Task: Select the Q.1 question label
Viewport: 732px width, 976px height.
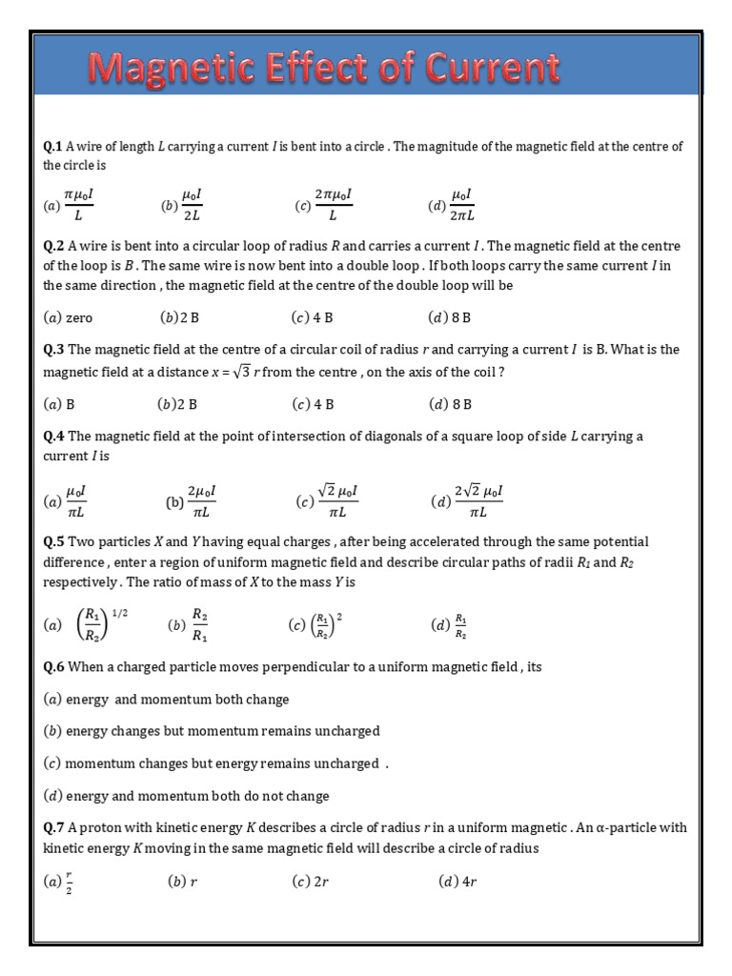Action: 53,146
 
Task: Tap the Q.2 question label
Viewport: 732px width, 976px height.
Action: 53,246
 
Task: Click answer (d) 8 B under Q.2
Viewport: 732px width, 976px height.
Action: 450,317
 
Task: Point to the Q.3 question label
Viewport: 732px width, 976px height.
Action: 53,350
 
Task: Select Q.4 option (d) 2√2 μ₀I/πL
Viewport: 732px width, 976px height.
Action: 467,500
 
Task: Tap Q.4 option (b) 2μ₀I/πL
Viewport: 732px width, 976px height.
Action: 192,500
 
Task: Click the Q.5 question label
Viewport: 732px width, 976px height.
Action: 53,541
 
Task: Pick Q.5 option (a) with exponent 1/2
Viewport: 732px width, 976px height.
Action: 86,625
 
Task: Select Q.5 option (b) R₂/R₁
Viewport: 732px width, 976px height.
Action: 189,625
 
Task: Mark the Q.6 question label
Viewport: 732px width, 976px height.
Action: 53,667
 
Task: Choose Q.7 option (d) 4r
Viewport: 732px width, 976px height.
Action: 457,882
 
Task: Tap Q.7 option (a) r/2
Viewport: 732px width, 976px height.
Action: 59,883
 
